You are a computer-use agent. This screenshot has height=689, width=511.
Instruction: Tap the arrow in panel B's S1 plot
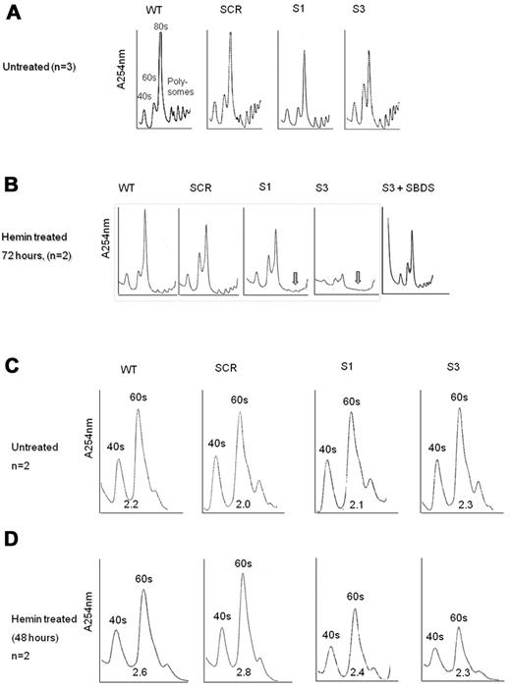(x=294, y=280)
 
